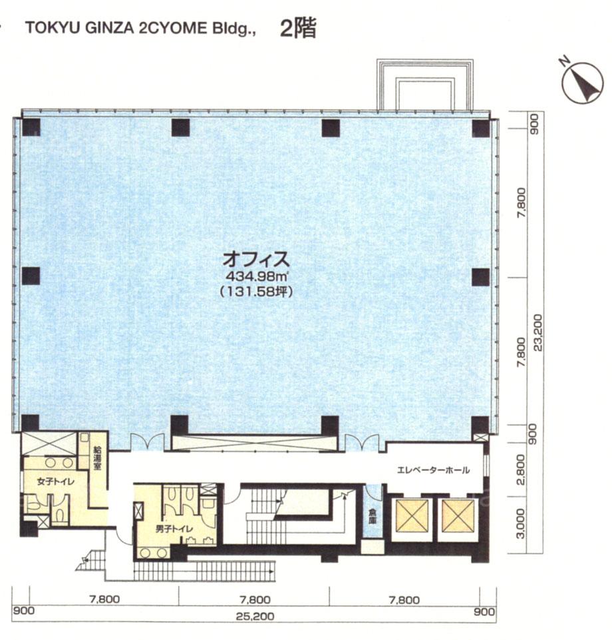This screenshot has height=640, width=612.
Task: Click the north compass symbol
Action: click(582, 83)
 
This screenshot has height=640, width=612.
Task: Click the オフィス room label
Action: click(256, 259)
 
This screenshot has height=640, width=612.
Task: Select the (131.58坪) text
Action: click(256, 292)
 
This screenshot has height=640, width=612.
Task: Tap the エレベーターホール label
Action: click(433, 470)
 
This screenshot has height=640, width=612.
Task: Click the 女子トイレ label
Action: click(55, 481)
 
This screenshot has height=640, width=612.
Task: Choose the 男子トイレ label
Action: click(174, 529)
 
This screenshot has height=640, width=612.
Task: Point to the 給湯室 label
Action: click(97, 458)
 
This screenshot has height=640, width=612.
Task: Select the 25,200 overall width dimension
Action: click(255, 616)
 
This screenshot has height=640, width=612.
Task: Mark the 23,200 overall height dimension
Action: click(538, 332)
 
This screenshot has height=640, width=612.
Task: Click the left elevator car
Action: click(412, 516)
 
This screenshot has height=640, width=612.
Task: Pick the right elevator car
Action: click(458, 516)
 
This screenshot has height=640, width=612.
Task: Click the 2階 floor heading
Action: click(298, 28)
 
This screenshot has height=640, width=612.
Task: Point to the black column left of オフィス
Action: click(31, 276)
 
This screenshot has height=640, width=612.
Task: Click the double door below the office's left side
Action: click(147, 442)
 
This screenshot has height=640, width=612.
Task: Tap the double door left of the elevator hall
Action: click(362, 442)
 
